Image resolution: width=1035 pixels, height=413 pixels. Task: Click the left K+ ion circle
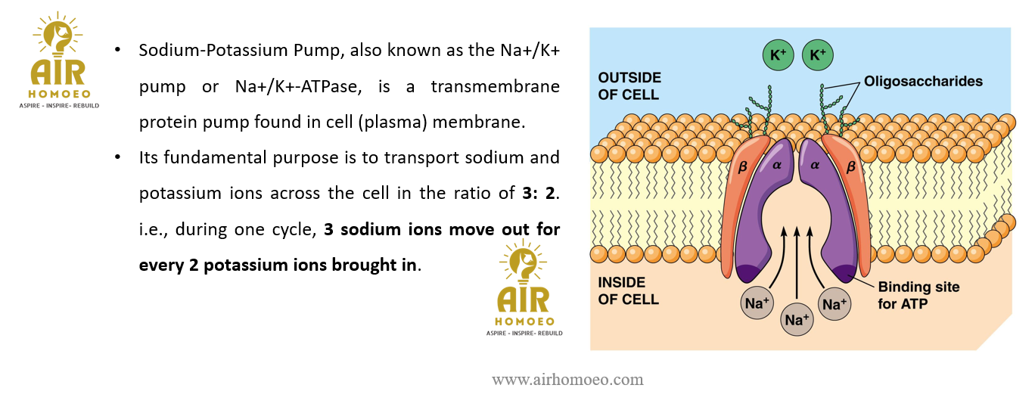tap(778, 55)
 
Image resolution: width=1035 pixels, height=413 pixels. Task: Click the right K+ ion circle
tap(817, 55)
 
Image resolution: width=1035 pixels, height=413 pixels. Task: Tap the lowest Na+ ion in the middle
tap(797, 319)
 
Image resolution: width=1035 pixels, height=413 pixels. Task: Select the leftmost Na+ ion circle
tap(757, 303)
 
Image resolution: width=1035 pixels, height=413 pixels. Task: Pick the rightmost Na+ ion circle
tap(834, 304)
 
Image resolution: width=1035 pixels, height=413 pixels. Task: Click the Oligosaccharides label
tap(923, 81)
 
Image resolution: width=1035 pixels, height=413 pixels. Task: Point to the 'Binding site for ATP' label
tap(918, 295)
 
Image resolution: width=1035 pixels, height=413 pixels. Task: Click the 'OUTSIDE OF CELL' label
tap(629, 86)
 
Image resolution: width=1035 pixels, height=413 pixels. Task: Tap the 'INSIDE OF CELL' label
tap(628, 290)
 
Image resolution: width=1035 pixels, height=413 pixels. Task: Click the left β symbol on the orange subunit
tap(742, 166)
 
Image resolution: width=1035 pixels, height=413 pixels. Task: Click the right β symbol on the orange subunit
tap(850, 166)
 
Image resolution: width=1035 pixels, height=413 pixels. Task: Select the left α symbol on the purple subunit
tap(777, 165)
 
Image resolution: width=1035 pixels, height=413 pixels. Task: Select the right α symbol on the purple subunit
tap(815, 165)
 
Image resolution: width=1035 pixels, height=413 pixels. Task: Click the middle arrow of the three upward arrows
tap(797, 262)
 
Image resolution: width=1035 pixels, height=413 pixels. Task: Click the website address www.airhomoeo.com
tap(567, 380)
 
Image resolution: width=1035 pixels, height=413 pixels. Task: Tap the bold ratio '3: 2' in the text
tap(539, 193)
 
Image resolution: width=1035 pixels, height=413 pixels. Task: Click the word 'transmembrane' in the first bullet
tap(495, 86)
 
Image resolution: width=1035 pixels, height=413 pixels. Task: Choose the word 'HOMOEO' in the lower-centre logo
tap(524, 321)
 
